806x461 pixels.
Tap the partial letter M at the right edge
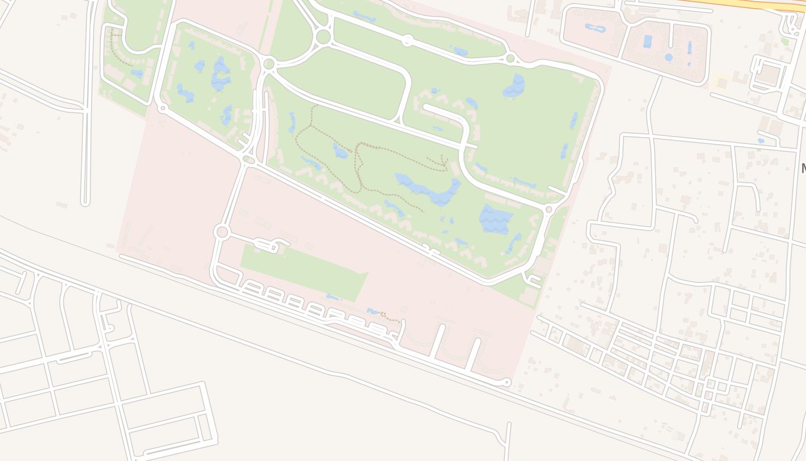[803, 168]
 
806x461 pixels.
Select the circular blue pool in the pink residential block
[668, 57]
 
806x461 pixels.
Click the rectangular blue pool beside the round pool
[648, 41]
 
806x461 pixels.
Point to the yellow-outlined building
[721, 82]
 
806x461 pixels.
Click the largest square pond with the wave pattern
[495, 219]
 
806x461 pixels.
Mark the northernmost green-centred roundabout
[323, 37]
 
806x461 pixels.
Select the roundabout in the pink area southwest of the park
[222, 232]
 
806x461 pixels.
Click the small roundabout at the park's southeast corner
[548, 210]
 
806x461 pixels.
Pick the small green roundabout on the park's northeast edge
[510, 58]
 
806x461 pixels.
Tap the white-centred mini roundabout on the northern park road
[408, 40]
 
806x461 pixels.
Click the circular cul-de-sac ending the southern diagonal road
[507, 382]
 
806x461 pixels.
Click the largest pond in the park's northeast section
[514, 86]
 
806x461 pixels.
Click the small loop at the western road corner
[162, 107]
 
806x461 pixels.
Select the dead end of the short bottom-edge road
[508, 426]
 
